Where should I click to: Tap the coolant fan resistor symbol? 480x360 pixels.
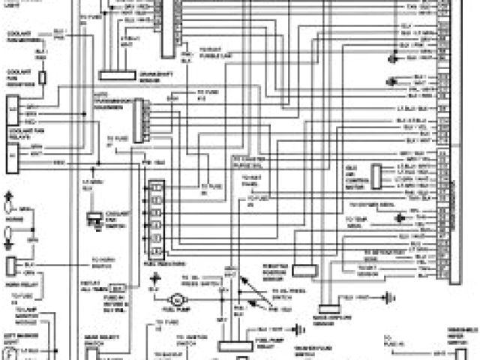43,78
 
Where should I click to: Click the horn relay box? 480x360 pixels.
10,265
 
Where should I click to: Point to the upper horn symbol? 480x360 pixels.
8,201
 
